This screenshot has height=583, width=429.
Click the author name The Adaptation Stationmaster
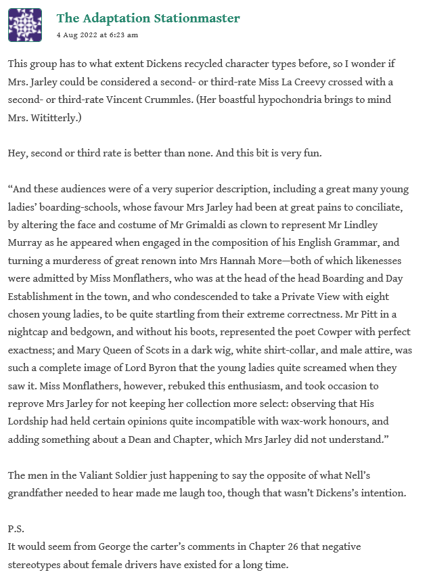pos(148,18)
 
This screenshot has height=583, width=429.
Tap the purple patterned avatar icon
pos(24,25)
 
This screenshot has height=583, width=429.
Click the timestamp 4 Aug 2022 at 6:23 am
pos(97,35)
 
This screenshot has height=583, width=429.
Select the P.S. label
pos(16,527)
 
